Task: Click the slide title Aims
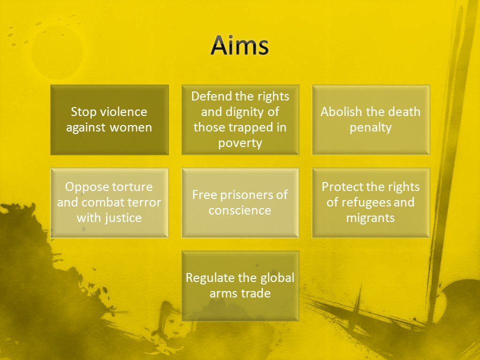pos(239,45)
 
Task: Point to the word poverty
pos(240,143)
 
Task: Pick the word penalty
pos(370,127)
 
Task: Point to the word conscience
pos(239,210)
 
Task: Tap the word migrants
pos(370,218)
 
